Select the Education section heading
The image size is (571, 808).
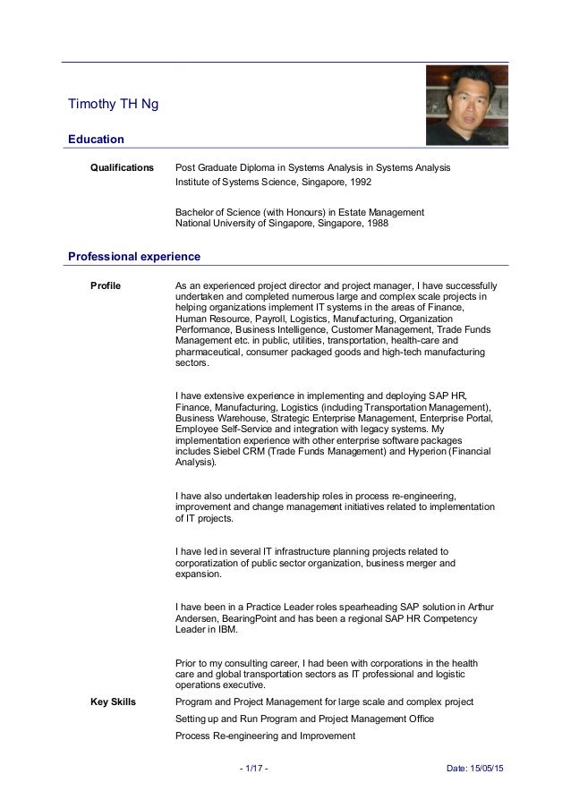[x=96, y=139]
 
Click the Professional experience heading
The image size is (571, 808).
[x=134, y=257]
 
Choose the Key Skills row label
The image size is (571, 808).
[x=114, y=702]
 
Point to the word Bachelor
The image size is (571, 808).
[x=196, y=212]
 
